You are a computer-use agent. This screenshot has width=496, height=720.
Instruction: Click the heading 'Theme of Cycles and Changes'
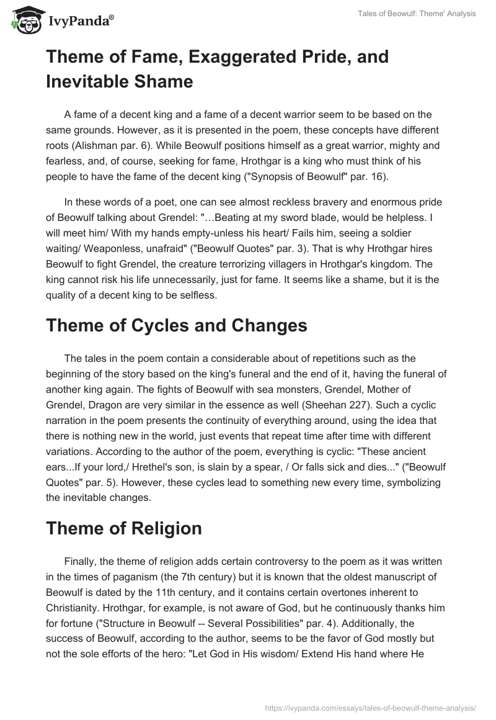click(176, 326)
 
